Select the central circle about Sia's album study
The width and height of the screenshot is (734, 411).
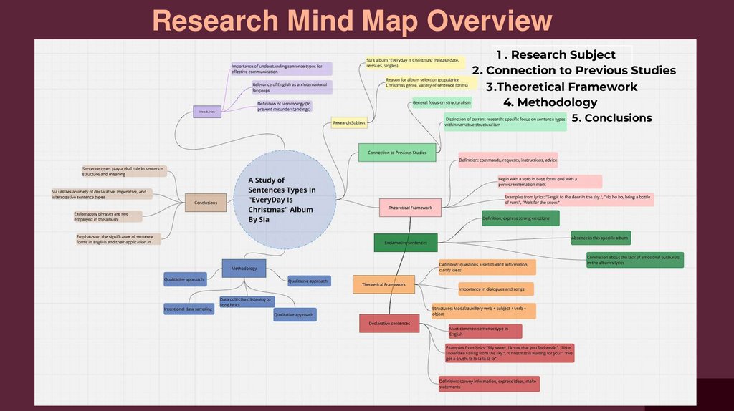(285, 200)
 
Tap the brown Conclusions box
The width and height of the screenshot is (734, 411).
(206, 203)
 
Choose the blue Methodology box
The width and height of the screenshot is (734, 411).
(244, 269)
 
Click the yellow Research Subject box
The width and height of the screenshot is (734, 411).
(349, 123)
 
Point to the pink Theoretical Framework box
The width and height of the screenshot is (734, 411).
(410, 208)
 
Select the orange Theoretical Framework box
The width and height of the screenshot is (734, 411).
(383, 284)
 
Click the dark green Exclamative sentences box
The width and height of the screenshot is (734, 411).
(405, 243)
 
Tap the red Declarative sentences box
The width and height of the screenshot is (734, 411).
(389, 324)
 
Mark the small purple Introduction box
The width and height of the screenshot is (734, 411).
(207, 112)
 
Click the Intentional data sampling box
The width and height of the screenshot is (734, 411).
(189, 309)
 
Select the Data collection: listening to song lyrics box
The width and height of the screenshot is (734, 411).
(247, 301)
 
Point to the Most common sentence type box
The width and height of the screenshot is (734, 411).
(485, 331)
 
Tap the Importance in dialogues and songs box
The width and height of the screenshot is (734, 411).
(496, 289)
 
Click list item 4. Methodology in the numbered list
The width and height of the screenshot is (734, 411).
(550, 102)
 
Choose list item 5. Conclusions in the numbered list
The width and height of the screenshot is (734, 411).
(611, 118)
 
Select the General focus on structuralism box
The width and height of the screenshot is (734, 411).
(442, 103)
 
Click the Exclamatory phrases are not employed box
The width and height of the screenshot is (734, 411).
(108, 216)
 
